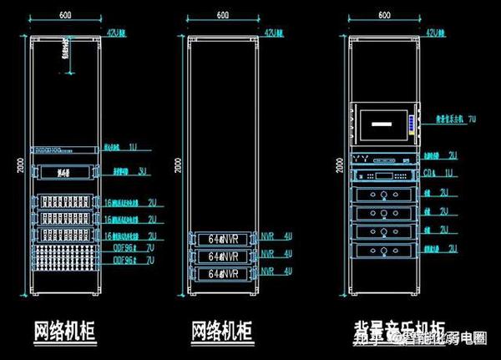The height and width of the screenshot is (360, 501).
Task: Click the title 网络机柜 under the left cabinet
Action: (x=63, y=330)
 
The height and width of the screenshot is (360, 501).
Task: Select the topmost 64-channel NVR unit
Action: (x=224, y=237)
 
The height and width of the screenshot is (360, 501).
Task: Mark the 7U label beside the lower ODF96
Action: (x=151, y=261)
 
